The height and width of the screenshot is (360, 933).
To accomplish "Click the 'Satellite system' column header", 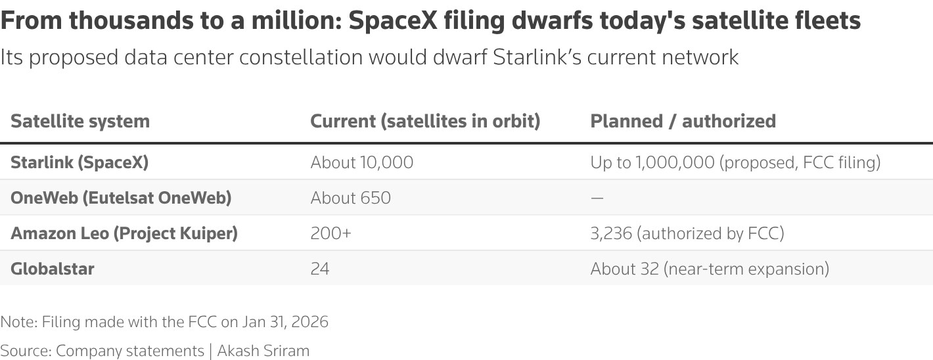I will pos(80,122).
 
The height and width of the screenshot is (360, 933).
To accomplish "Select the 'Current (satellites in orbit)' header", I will pos(425,122).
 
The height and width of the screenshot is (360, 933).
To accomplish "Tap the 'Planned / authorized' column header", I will pos(683,122).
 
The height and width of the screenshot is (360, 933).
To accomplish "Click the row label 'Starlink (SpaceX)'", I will pos(80,162).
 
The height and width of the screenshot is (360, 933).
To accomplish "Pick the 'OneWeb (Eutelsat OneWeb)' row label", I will pos(121,198).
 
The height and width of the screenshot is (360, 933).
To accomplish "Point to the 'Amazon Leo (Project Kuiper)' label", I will pos(124,233).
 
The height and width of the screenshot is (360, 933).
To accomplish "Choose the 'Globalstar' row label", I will pos(53,269).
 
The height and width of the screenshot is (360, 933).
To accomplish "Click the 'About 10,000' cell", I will pos(362,162).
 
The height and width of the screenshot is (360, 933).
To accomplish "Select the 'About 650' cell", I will pos(351,198).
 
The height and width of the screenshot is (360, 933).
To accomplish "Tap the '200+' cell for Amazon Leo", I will pos(331,233).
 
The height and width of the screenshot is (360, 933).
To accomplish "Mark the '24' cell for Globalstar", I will pos(320,269).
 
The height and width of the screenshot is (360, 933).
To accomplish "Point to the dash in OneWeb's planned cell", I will pos(597,198).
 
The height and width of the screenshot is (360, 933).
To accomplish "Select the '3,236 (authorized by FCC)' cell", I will pos(687,233).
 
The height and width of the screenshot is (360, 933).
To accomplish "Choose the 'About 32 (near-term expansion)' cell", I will pos(710,269).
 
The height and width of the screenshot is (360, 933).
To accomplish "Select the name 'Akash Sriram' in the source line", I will pos(263,350).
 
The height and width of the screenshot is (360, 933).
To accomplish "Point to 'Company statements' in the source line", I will pos(130,350).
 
